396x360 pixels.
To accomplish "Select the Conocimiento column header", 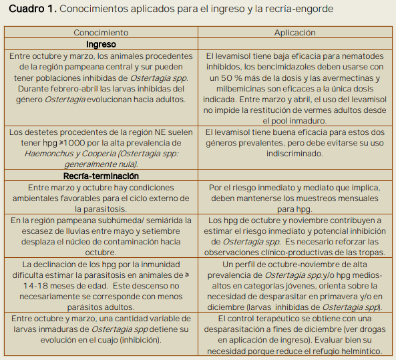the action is point(101,32).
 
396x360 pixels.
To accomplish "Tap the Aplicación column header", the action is point(294,32).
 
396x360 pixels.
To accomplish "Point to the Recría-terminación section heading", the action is point(101,176).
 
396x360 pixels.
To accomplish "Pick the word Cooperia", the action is point(111,154).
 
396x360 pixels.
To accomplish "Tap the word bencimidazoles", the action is point(302,67).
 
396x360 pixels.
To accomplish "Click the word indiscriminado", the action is point(294,154).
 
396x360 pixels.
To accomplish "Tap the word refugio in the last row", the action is point(316,351).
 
